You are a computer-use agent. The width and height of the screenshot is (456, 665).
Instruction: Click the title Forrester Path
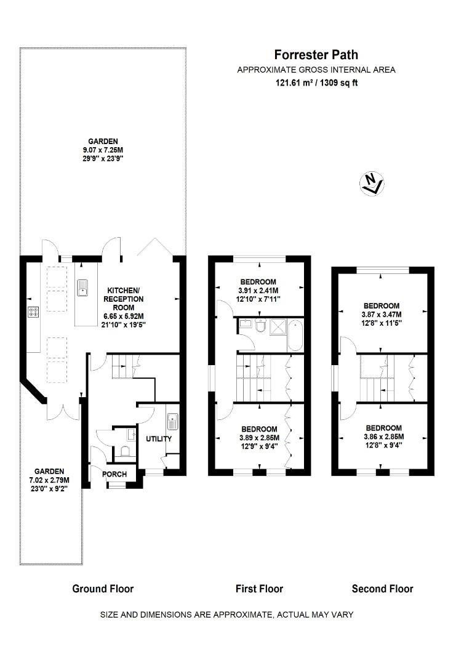(316, 55)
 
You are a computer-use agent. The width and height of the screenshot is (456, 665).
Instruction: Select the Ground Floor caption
(103, 589)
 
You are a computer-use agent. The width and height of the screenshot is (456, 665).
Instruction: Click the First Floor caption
(259, 589)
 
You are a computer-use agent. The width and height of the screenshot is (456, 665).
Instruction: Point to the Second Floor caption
(382, 589)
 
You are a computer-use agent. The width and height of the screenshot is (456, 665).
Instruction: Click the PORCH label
(114, 474)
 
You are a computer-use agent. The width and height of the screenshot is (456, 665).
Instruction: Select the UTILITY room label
(158, 439)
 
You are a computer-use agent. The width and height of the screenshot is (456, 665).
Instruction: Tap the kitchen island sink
(82, 288)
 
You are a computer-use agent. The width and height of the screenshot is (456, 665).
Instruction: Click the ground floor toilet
(127, 452)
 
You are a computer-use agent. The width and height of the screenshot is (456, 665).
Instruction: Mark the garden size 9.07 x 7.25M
(102, 150)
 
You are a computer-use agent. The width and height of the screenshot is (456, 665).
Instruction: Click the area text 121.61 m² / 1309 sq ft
(316, 83)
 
